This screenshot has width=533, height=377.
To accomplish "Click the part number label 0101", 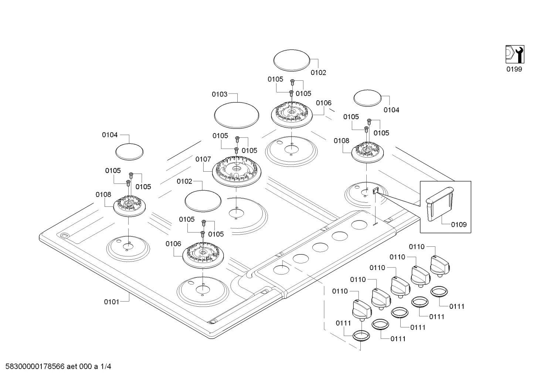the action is click(111, 302).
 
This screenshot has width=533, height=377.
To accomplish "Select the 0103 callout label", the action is click(220, 94).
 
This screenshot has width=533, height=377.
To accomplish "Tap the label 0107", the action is click(203, 159).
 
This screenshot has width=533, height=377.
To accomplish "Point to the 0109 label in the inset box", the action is click(459, 224).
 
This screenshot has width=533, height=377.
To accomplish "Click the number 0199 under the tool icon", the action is click(514, 69).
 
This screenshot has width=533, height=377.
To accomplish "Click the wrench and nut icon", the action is click(515, 54).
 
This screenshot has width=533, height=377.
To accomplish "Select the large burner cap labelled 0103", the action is click(237, 115).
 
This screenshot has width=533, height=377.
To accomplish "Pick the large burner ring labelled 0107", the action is click(237, 171).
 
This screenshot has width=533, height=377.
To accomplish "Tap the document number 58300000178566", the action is click(35, 366).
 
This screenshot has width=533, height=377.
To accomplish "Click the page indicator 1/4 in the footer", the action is click(106, 366).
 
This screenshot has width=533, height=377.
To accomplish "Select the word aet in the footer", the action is click(72, 366).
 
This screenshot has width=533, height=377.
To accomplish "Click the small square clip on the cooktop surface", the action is click(375, 190).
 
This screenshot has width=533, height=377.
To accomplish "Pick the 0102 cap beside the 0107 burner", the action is click(203, 201).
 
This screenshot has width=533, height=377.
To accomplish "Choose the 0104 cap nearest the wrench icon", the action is click(367, 98).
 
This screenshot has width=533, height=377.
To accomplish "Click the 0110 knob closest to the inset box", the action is click(440, 266).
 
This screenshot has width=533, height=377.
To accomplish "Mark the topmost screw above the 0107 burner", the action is click(237, 139).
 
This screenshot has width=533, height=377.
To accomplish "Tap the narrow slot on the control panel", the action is click(375, 223).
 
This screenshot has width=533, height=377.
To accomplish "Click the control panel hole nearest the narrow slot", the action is click(359, 225).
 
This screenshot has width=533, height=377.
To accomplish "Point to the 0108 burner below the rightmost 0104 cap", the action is click(368, 152).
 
